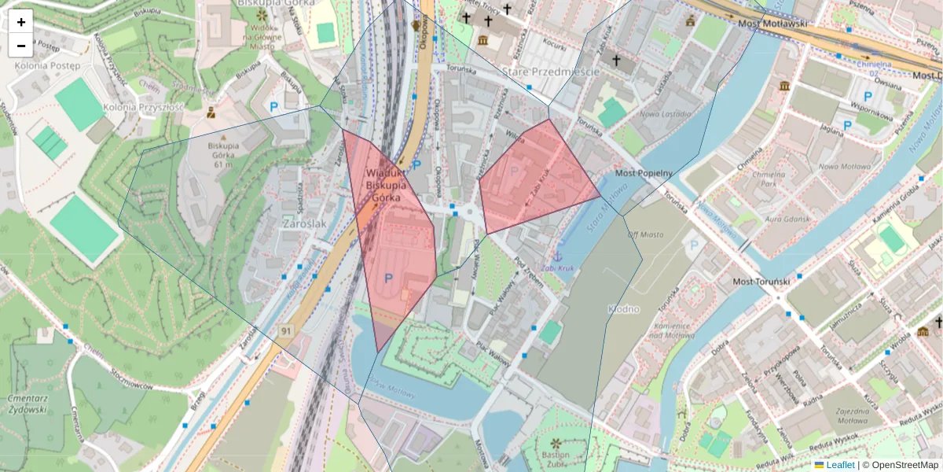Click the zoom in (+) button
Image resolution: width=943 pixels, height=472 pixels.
pyautogui.click(x=21, y=22)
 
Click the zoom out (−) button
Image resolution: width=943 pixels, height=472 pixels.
pyautogui.click(x=21, y=45)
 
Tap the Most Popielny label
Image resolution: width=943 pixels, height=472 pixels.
pyautogui.click(x=643, y=172)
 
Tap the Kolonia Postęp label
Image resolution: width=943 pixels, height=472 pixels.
pyautogui.click(x=42, y=65)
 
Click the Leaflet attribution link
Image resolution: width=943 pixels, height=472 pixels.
pyautogui.click(x=840, y=465)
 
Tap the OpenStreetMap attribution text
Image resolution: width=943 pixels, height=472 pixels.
pyautogui.click(x=904, y=465)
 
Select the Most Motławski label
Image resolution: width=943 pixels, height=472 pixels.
pyautogui.click(x=773, y=24)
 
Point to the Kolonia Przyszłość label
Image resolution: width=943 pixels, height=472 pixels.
pyautogui.click(x=143, y=107)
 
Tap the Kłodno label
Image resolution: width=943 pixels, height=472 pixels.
pyautogui.click(x=623, y=310)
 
